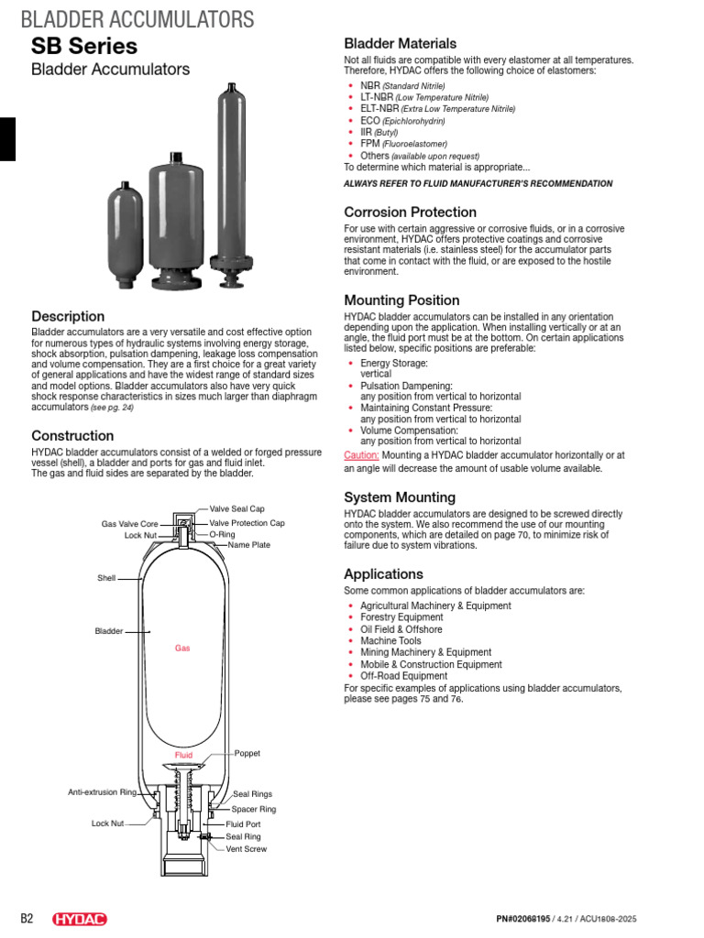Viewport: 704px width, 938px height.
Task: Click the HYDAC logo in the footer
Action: (x=81, y=919)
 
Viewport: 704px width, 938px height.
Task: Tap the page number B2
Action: (x=27, y=919)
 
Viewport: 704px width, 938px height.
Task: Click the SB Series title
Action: (x=84, y=46)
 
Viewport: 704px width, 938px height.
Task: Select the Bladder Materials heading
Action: (x=400, y=43)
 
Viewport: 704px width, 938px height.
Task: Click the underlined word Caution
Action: (x=361, y=454)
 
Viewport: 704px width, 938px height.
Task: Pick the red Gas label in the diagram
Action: (x=182, y=648)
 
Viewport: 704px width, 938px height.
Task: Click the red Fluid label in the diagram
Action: (x=184, y=756)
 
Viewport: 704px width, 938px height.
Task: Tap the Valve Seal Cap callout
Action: (x=236, y=508)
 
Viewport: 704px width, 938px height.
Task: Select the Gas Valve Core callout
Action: (x=130, y=524)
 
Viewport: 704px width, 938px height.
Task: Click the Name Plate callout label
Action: (x=249, y=545)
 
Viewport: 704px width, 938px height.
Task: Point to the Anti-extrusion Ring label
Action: (x=102, y=791)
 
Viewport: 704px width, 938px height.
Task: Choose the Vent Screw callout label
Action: (x=247, y=849)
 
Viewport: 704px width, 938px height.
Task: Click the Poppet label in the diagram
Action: (x=247, y=753)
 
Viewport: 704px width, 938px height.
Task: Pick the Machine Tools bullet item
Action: (x=390, y=641)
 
